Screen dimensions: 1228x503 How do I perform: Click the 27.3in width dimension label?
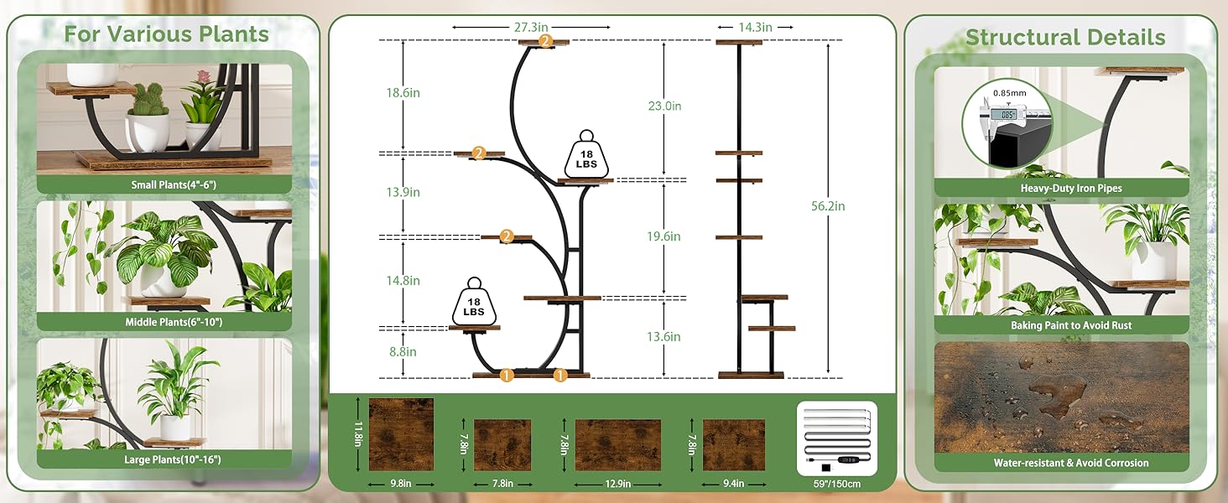(531, 27)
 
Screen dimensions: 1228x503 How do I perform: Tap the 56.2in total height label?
(828, 206)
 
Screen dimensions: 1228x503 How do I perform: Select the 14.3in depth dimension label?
(755, 27)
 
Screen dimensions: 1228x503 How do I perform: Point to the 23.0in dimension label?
(664, 106)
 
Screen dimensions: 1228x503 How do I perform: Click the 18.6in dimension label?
(403, 92)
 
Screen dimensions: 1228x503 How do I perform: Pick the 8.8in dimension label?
(403, 352)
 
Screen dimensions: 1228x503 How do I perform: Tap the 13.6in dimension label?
(663, 336)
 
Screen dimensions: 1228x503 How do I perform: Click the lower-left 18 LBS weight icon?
(474, 302)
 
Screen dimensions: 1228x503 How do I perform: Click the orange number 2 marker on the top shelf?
(545, 41)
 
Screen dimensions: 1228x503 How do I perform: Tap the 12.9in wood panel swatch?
(618, 445)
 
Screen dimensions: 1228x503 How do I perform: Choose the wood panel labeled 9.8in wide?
(401, 434)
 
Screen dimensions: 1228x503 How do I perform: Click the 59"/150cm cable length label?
(836, 484)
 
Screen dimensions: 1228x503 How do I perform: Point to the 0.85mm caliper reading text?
(1009, 93)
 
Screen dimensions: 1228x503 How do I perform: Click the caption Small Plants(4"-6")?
(174, 184)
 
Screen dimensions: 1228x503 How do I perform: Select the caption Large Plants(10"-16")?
(172, 459)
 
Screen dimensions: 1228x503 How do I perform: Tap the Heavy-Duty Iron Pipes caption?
(1070, 188)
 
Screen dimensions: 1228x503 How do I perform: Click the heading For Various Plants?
(166, 34)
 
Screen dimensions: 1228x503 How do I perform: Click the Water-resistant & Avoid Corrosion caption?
(1070, 463)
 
